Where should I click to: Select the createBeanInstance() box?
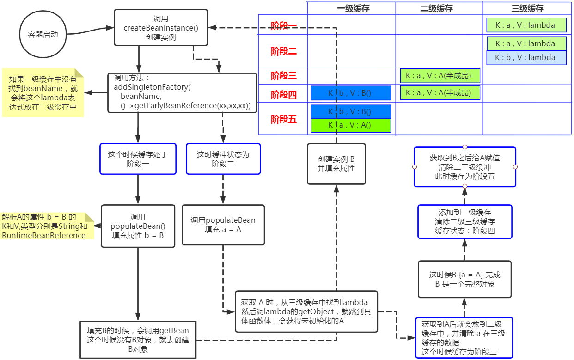point(160,28)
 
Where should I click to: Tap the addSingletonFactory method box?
point(182,92)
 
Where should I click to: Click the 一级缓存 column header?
point(353,8)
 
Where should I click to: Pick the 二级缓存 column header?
point(439,8)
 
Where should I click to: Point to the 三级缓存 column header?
point(528,8)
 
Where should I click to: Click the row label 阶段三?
point(283,75)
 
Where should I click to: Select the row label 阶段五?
point(283,119)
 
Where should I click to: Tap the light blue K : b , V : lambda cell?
point(527,58)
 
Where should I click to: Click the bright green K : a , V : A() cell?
point(351,126)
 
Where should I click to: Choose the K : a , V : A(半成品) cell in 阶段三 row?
point(440,75)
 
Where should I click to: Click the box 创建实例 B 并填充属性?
point(336,164)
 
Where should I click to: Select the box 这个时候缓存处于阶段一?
point(138,159)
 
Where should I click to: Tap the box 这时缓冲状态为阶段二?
point(223,159)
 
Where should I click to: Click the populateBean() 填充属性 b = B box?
point(138,226)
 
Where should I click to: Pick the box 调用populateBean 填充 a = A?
point(223,225)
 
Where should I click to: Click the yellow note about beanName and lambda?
point(43,93)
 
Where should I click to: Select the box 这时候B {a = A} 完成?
point(464,279)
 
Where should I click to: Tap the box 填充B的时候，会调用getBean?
point(138,340)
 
